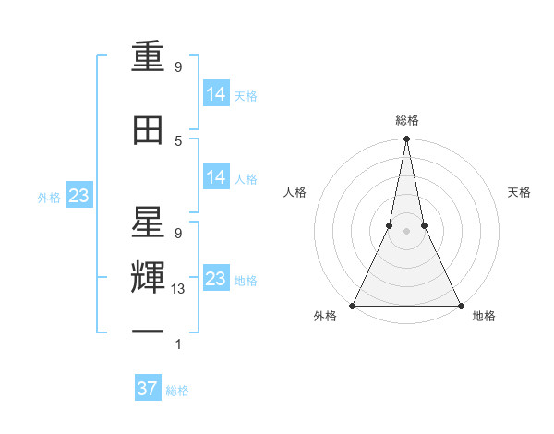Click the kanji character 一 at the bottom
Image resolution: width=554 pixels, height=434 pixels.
(149, 332)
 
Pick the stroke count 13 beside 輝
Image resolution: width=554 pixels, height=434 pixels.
(178, 289)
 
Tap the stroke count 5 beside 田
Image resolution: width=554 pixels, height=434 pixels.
(178, 140)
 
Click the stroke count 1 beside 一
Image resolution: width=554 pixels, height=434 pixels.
(178, 345)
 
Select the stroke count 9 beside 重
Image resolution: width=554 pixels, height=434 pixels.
(178, 67)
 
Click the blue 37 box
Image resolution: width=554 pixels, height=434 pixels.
(148, 389)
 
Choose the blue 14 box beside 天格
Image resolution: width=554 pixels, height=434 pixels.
(216, 94)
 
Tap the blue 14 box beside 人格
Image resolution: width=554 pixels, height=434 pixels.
(216, 177)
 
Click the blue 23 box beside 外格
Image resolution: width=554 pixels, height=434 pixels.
(78, 196)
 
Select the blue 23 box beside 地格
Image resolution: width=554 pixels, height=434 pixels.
(216, 279)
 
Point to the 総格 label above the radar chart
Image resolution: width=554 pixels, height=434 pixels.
(406, 120)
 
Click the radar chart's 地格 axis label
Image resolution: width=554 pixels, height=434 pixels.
(484, 317)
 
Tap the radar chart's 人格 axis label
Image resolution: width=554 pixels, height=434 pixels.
(295, 192)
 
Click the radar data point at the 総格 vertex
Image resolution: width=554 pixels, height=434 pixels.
(406, 139)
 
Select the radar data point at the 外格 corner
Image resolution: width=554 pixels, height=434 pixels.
(353, 305)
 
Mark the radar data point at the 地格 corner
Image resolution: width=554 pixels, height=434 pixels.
(460, 305)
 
